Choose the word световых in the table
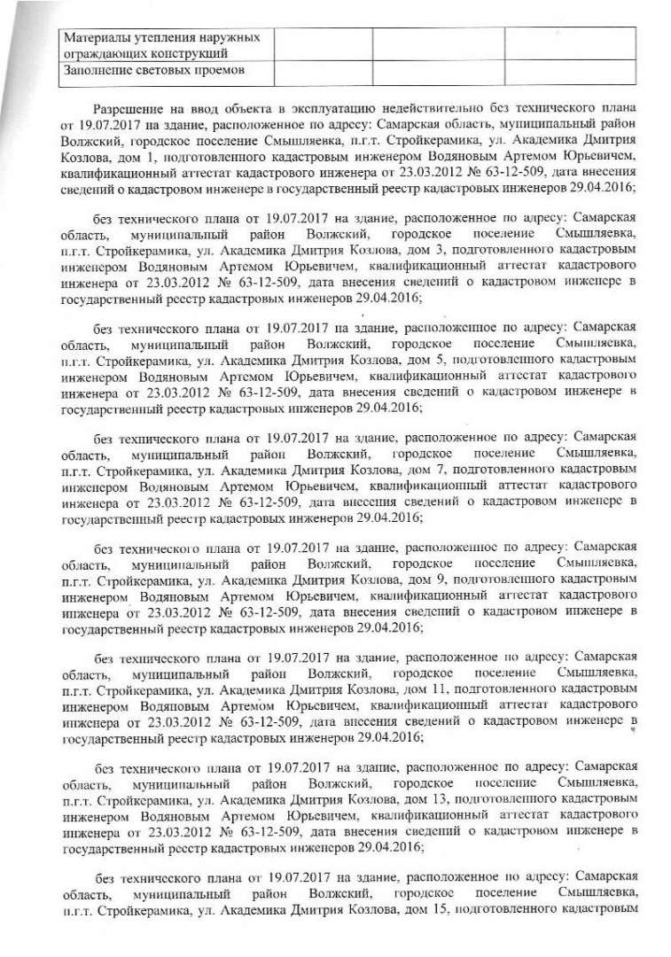[x=167, y=72]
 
